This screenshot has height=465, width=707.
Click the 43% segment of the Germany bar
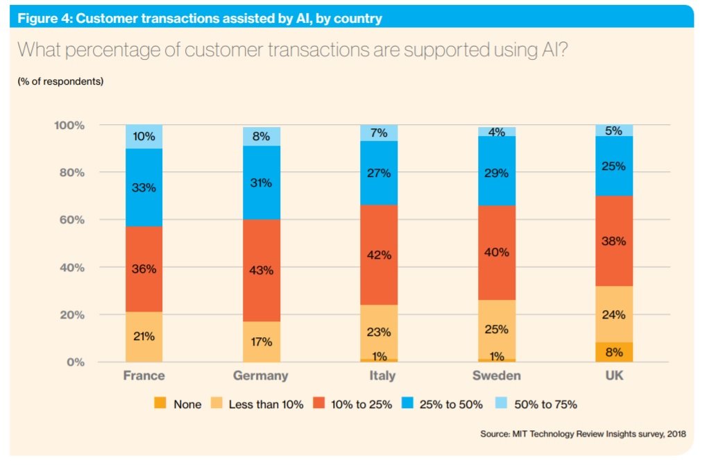262,271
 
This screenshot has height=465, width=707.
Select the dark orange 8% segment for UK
614,352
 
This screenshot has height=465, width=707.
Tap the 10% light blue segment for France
144,137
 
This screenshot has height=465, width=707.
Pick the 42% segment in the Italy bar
379,255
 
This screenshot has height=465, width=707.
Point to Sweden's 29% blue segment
497,173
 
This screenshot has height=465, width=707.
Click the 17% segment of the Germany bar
262,341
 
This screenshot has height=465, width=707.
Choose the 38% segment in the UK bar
614,242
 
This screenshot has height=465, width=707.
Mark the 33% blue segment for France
144,187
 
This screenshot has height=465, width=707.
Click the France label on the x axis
144,375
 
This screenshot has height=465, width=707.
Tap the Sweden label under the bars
497,375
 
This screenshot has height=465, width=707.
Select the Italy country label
379,375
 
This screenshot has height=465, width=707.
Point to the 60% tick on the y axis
69,220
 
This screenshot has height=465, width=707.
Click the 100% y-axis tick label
68,126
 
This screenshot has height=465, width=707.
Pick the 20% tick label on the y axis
69,315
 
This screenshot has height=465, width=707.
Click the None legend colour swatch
160,403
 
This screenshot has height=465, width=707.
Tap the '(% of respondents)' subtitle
60,81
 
